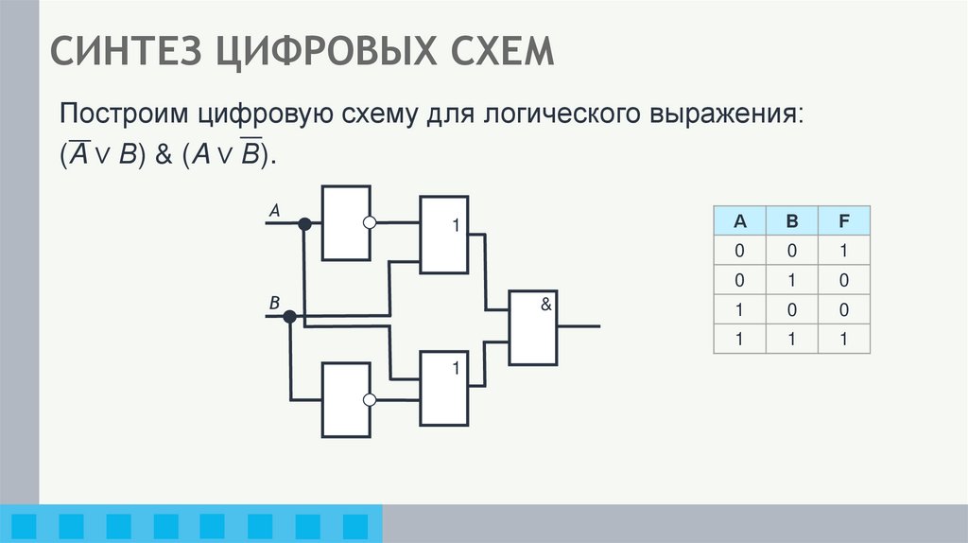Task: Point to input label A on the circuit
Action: click(x=274, y=212)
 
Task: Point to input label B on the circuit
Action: click(x=274, y=304)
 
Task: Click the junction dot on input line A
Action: click(x=304, y=224)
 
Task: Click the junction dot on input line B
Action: click(x=290, y=316)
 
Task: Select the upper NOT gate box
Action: click(x=346, y=223)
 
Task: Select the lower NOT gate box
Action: click(x=346, y=400)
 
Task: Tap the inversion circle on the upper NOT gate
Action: click(x=371, y=223)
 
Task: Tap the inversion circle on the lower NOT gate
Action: click(x=371, y=400)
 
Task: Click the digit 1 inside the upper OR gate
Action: click(x=455, y=227)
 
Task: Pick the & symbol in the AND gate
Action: click(x=545, y=305)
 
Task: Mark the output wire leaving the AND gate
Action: click(x=579, y=326)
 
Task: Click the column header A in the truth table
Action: click(x=740, y=222)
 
